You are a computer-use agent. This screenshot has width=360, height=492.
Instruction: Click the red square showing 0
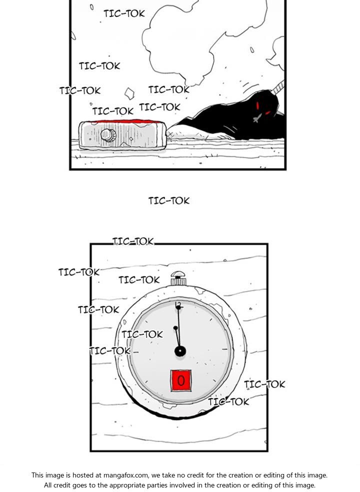tap(181, 380)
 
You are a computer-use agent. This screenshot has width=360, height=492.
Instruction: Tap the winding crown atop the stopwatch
tap(178, 278)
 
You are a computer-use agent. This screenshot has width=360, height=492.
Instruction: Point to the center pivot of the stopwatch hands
tap(180, 351)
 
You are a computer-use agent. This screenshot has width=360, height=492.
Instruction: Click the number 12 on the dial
tap(178, 304)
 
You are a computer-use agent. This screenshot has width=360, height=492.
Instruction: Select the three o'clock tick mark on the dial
tap(225, 349)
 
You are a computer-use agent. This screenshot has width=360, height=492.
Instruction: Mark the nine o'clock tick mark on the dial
tap(135, 352)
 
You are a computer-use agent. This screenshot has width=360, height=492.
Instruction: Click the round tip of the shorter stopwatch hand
tap(175, 328)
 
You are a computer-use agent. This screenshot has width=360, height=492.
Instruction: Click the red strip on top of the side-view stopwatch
tap(124, 121)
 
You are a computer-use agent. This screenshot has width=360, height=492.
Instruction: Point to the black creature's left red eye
tap(258, 105)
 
